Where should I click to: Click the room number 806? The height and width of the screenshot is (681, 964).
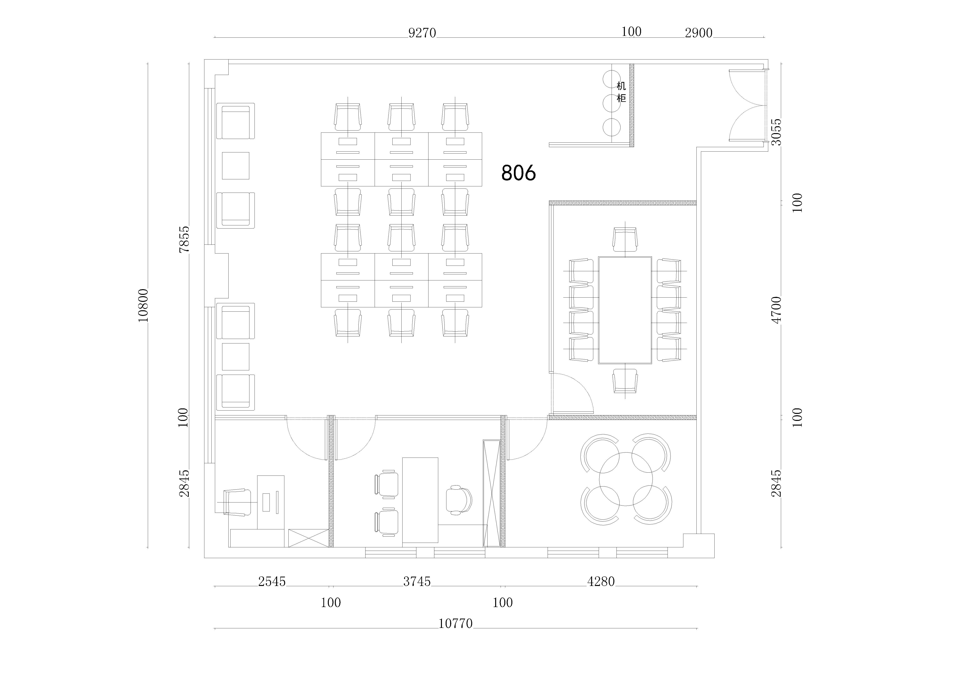(x=519, y=173)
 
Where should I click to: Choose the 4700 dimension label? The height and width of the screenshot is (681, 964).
(x=776, y=310)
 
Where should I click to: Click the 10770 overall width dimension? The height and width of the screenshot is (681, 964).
(x=456, y=623)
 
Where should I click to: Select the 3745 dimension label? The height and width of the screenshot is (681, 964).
(x=417, y=581)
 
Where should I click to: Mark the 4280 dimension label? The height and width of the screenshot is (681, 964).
(x=601, y=581)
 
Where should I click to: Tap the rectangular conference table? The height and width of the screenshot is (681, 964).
(x=625, y=310)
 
